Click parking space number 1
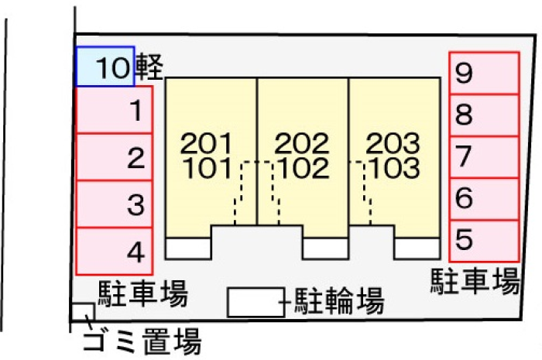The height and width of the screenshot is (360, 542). point(114,110)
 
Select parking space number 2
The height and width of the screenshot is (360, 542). point(114,157)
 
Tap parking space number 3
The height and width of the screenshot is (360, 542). point(114,204)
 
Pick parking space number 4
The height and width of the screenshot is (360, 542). point(114,251)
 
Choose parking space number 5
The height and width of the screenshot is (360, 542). point(484,241)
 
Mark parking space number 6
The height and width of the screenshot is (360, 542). point(484,199)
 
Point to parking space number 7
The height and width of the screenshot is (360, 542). point(484,157)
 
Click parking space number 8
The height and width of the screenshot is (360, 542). point(484,115)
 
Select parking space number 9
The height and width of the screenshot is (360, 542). point(484,73)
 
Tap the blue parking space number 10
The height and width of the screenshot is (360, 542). point(105,67)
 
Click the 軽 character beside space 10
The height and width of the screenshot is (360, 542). point(149,67)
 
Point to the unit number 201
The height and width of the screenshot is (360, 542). point(206,143)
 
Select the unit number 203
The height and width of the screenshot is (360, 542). point(393,143)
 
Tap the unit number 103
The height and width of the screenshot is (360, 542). point(395,168)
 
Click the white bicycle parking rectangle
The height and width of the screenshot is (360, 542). point(256,302)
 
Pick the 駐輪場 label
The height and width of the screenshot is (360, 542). point(339,301)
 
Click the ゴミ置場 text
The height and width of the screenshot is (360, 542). point(142,341)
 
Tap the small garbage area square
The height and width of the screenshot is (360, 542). point(83,312)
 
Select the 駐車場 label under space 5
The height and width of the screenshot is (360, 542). point(475,281)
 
